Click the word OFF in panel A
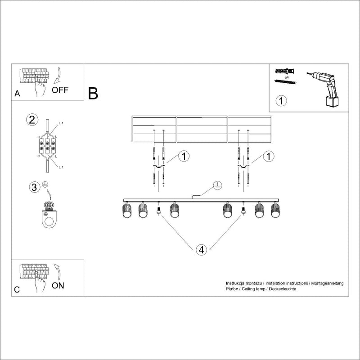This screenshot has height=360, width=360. (x=60, y=89)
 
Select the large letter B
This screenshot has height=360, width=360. (x=93, y=93)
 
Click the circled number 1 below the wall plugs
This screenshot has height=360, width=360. (x=281, y=100)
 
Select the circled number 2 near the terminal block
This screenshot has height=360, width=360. (x=31, y=119)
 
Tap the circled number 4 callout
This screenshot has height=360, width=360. (x=202, y=250)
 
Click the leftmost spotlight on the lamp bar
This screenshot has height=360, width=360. (x=126, y=211)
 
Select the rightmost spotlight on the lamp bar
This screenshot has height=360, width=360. (x=274, y=211)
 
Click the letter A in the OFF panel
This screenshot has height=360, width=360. (x=17, y=94)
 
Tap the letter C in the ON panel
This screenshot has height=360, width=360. (x=17, y=290)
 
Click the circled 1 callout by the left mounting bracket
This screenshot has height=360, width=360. (x=184, y=156)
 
